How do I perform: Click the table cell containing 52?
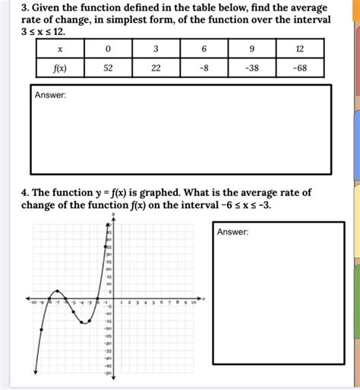coord(108,68)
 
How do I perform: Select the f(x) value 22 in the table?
coord(156,68)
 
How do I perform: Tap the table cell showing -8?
coord(204,68)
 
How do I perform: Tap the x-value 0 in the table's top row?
coord(108,49)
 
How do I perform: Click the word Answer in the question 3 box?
coord(50,95)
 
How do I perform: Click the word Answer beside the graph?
coord(232,232)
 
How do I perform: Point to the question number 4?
coord(25,193)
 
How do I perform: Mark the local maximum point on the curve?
coord(58,291)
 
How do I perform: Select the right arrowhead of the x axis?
coord(202,298)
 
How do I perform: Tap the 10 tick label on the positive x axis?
coord(193,303)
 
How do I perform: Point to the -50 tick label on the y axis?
coord(108,373)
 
